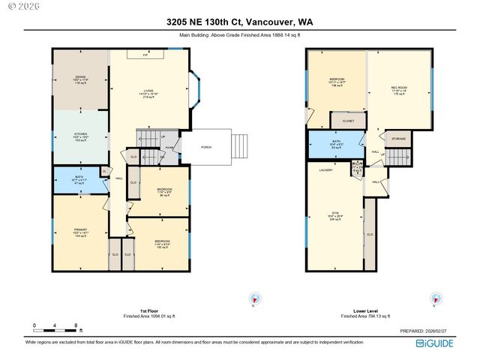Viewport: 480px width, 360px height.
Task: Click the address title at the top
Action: coord(240,22)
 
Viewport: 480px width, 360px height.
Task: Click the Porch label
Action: coord(205,147)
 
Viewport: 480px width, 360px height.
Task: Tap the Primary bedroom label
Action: coord(81,232)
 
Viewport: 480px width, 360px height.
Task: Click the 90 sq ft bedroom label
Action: coord(163,192)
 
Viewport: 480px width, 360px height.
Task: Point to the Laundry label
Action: coord(325,170)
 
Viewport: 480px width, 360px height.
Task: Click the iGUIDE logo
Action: coord(434,343)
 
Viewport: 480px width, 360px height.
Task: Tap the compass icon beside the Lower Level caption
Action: coord(435,299)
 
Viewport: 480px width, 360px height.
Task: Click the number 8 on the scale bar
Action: coord(76,325)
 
